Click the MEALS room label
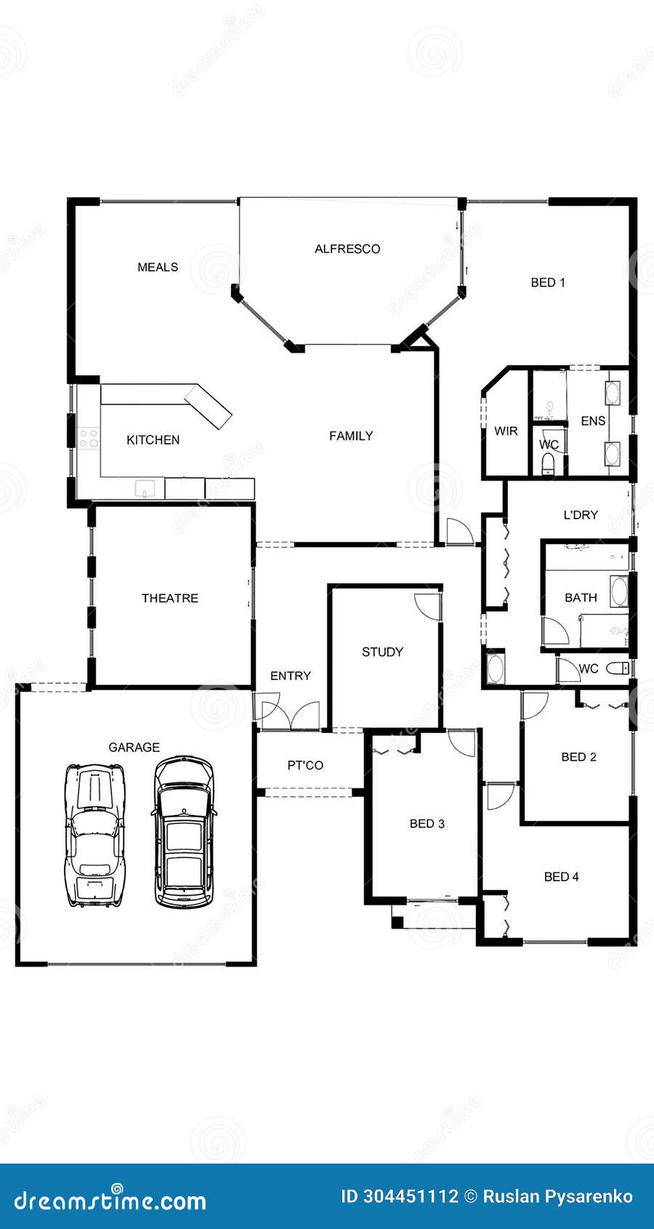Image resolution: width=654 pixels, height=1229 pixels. coord(158,267)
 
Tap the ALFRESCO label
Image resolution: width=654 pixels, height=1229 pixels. coord(347,249)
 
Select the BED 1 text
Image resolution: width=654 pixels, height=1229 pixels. coord(548,282)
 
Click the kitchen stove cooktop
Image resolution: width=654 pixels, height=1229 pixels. coord(89,438)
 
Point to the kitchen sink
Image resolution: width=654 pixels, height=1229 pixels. coord(145,488)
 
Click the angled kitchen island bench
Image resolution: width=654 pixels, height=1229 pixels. coord(208,407)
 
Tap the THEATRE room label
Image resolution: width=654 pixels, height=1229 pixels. coord(169,598)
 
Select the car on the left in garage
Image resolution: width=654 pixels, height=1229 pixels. coord(95,834)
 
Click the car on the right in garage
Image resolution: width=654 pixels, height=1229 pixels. coord(184,832)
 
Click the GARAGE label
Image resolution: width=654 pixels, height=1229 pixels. coord(134,747)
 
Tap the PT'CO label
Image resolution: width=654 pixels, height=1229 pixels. coord(305,765)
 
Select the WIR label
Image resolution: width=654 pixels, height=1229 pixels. coord(506,431)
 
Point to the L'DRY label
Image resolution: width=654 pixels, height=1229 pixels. coord(581,515)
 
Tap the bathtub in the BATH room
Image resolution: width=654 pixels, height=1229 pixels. coord(619,591)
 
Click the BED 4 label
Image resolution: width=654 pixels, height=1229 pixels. coord(561,876)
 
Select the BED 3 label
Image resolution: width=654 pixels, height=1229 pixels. coord(427,823)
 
